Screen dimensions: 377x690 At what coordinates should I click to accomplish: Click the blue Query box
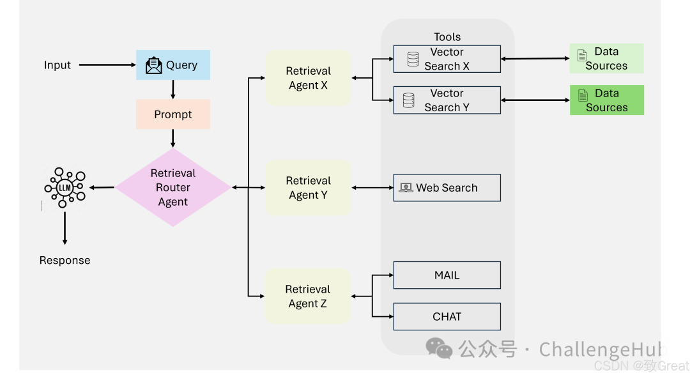tap(173, 65)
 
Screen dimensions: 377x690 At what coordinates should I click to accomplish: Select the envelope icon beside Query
tap(154, 65)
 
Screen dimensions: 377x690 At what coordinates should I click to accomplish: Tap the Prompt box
tap(173, 114)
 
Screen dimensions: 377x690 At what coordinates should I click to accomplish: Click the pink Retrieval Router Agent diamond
tap(173, 188)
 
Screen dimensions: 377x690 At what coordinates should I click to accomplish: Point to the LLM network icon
tap(65, 187)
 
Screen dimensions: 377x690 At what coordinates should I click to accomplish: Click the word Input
tap(57, 65)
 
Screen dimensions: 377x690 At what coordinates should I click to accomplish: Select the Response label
tap(65, 260)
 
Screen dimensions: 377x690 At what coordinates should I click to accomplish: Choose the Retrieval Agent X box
tap(308, 78)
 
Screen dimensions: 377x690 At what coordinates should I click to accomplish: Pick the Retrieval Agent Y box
tap(308, 188)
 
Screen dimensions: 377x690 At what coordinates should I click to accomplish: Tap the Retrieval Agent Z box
tap(308, 296)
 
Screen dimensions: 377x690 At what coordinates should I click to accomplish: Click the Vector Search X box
tap(447, 59)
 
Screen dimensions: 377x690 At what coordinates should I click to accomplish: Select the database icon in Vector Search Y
tap(409, 100)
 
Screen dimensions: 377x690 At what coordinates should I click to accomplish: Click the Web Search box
tap(447, 188)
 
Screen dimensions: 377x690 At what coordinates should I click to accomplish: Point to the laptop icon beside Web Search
tap(406, 188)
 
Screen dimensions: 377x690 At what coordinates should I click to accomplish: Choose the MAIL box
tap(447, 275)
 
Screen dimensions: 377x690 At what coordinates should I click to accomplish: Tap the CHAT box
tap(447, 316)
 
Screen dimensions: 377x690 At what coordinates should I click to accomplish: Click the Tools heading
tap(447, 37)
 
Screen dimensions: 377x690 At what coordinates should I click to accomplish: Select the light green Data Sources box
tap(606, 59)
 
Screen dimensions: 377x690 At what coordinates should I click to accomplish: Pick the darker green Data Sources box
tap(606, 100)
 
